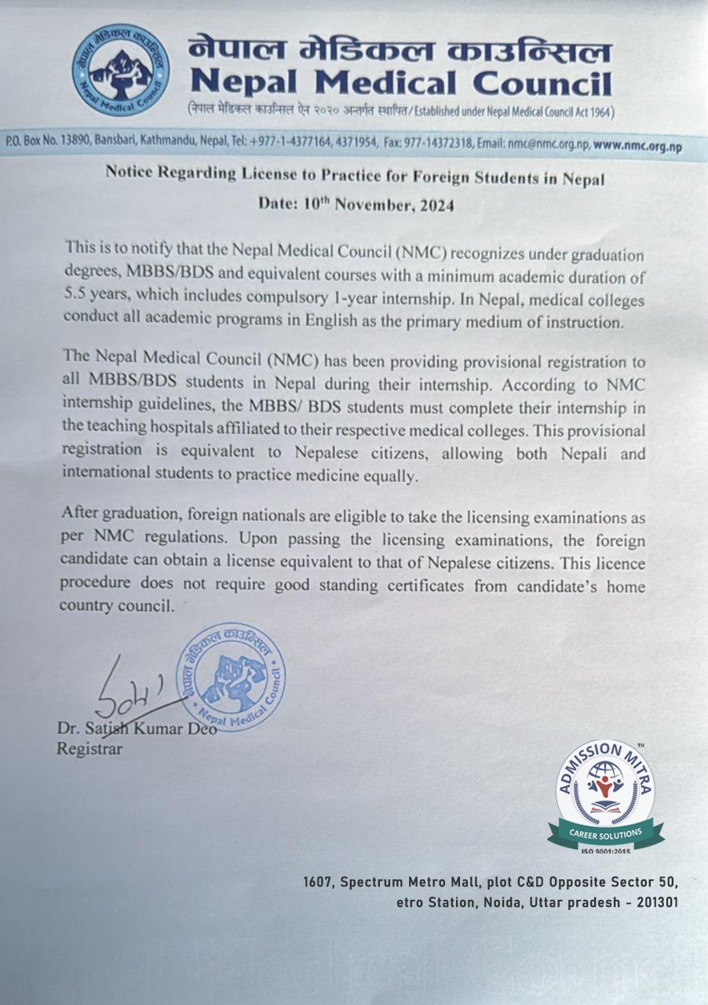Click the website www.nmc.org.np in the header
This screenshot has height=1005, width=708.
(x=637, y=145)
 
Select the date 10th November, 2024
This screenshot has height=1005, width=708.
(x=357, y=206)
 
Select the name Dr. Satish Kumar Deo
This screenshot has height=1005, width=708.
(x=137, y=729)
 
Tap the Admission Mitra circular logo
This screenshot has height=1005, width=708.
(x=605, y=785)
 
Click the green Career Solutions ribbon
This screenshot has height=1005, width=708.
(x=605, y=832)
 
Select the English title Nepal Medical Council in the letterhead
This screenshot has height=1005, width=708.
(x=401, y=82)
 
